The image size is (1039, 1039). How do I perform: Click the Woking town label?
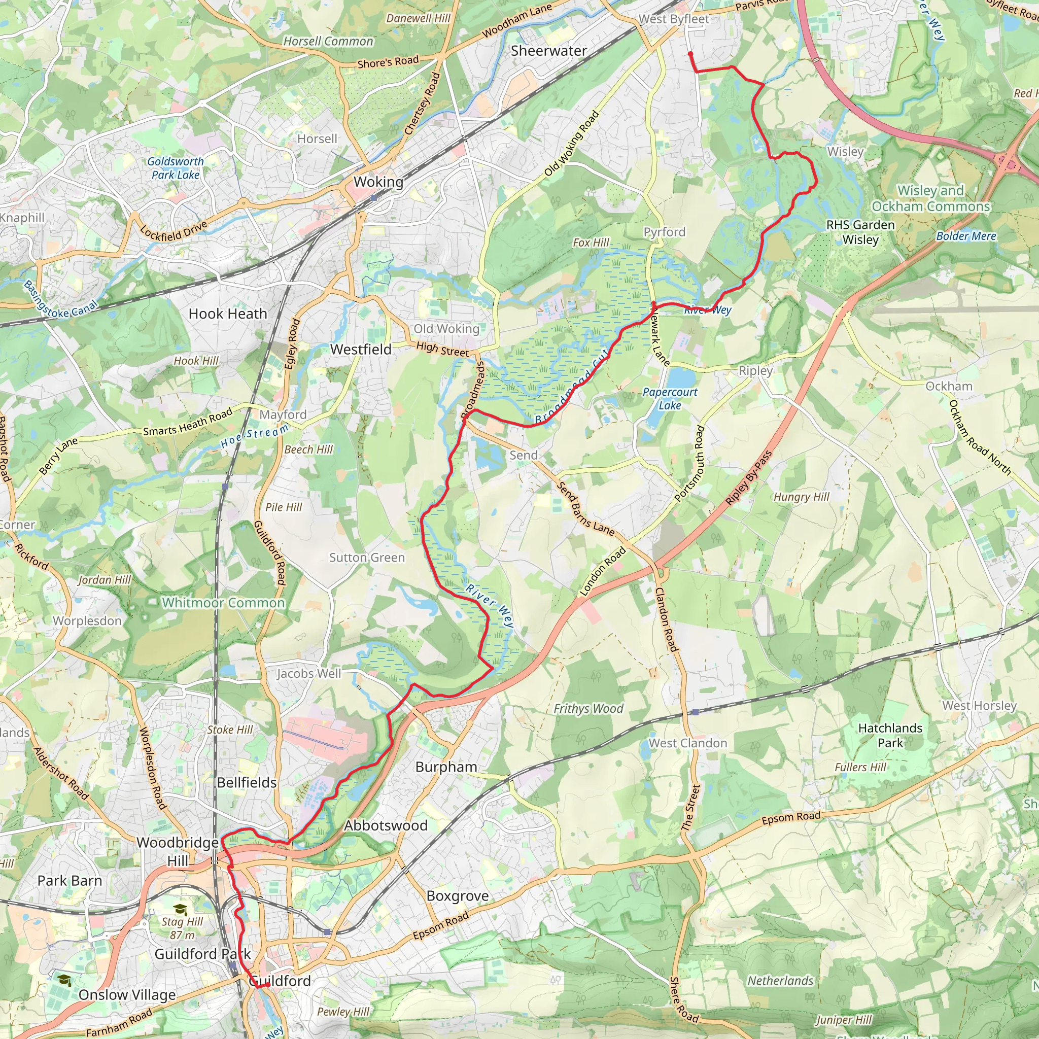coord(378,182)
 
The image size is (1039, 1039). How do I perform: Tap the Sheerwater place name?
coord(548,51)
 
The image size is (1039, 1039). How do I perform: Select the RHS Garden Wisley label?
coord(860,232)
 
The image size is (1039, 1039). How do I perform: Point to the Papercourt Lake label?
coord(670,398)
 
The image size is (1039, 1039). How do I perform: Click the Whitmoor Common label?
coord(223,603)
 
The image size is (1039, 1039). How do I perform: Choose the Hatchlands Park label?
coord(890,735)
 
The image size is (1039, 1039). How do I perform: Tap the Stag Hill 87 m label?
coord(182,928)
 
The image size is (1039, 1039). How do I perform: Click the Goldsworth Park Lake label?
coord(176,168)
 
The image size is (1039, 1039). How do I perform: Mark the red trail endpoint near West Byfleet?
coord(690,54)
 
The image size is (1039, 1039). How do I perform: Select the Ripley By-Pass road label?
coord(748,477)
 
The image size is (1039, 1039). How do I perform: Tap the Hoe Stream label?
coord(254,436)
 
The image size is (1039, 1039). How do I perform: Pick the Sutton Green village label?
coord(367,558)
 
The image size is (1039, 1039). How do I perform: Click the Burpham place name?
coord(446,767)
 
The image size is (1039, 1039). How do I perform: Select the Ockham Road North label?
coord(979,437)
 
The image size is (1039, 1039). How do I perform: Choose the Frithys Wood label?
coord(588,709)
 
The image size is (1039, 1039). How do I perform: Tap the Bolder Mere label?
coord(966,235)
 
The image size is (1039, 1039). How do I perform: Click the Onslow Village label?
coord(127,994)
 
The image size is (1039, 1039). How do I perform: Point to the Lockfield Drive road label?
coord(173,231)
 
